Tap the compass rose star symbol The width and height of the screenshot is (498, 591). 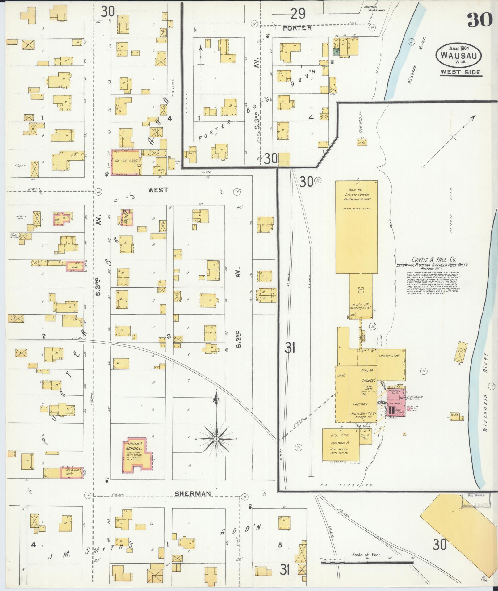pos(216,439)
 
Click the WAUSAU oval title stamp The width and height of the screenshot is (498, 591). pos(458,55)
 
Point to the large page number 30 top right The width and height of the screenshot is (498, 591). pos(479,20)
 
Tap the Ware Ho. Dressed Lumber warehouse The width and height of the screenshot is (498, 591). pos(356,227)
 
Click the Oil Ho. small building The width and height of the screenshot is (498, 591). pos(362,142)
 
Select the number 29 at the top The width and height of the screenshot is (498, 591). pos(298,14)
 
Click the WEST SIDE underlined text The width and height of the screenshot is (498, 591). pos(460,72)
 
